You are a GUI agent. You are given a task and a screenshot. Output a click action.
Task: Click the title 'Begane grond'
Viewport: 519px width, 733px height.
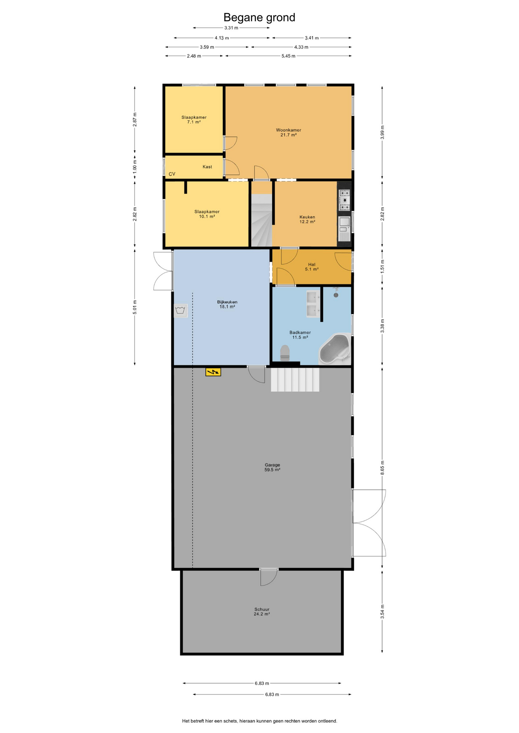(x=259, y=18)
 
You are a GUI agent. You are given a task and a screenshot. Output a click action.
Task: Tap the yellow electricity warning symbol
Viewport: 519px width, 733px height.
(x=213, y=371)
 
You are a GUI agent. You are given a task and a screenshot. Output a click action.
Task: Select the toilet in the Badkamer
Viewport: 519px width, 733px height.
(x=285, y=353)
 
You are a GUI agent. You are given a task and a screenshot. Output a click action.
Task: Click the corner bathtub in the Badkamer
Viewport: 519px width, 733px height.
(x=335, y=349)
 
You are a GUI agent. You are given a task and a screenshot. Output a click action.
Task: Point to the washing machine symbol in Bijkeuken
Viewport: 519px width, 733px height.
(x=180, y=310)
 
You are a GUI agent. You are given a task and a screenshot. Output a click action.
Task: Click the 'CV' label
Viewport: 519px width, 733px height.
(x=172, y=174)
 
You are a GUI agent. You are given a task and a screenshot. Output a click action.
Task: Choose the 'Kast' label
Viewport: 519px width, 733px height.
(x=207, y=167)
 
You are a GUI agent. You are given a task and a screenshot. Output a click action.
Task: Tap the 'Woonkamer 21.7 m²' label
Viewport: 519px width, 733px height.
(x=289, y=132)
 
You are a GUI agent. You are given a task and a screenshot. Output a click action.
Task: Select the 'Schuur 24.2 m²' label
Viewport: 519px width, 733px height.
(x=262, y=612)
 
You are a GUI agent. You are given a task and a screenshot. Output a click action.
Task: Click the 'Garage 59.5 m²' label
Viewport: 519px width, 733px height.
(x=272, y=467)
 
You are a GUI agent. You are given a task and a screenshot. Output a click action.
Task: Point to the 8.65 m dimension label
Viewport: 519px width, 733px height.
(x=382, y=468)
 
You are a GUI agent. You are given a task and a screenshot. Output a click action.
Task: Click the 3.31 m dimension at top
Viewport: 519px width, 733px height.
(x=231, y=28)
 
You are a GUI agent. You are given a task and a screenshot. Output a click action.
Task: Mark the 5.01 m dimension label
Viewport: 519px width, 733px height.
(x=135, y=307)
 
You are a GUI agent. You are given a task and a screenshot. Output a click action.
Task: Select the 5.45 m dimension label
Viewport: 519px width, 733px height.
(x=288, y=56)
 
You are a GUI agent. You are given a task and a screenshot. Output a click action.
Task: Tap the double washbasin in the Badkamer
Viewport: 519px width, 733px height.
(x=313, y=304)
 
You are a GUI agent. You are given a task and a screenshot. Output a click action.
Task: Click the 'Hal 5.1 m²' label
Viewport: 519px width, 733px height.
(x=311, y=267)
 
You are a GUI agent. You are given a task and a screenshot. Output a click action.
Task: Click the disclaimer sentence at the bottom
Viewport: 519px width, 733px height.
(x=259, y=721)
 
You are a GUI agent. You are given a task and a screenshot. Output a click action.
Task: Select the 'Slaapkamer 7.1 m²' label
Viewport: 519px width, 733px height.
(x=194, y=120)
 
